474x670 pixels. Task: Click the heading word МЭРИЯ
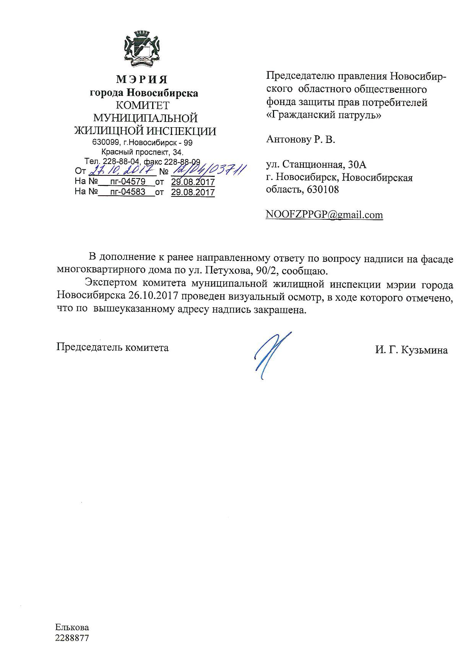(x=142, y=80)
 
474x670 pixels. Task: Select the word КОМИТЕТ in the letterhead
(x=143, y=105)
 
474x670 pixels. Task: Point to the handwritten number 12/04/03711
(x=209, y=169)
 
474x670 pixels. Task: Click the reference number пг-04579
(x=128, y=182)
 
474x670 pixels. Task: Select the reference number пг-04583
(x=128, y=192)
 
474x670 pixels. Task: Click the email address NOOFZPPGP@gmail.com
(x=324, y=215)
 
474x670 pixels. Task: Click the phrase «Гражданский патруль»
(x=323, y=115)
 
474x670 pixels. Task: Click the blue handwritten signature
(x=270, y=354)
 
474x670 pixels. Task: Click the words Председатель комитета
(x=112, y=347)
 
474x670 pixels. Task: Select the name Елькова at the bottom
(x=72, y=628)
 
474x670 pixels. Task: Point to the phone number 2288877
(x=72, y=638)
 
